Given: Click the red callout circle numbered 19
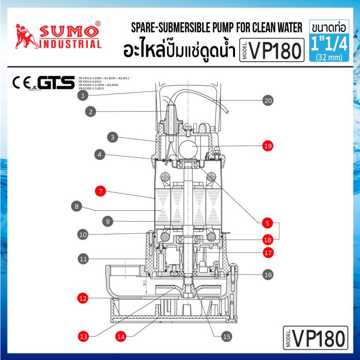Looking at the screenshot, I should (267, 146).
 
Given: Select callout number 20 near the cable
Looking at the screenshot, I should (267, 101).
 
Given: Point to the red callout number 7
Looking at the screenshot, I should (100, 191).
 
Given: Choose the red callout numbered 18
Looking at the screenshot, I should (267, 240).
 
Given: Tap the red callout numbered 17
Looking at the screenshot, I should (267, 253).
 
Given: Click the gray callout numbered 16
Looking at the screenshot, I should (267, 275).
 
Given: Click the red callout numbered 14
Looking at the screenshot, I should (120, 336).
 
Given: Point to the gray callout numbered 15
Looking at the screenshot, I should (226, 336).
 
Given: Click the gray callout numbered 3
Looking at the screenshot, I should (113, 137).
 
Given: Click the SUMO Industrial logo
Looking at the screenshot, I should (57, 34).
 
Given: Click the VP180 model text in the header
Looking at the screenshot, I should (273, 49).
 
